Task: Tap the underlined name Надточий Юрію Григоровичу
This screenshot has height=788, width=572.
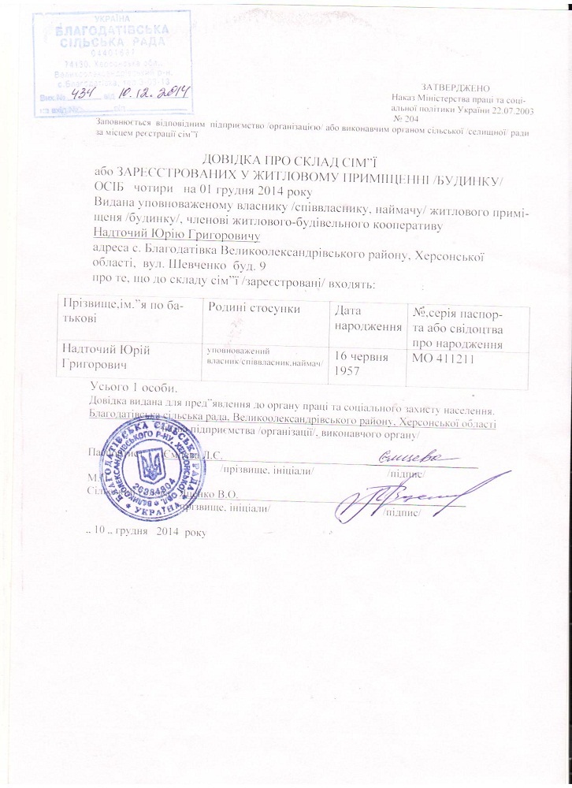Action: click(176, 233)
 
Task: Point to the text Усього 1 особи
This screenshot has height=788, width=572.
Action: click(135, 387)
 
